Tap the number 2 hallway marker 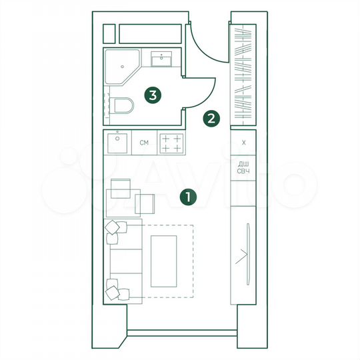[211, 119]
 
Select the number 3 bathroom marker [153, 96]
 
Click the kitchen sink [118, 141]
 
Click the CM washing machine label [143, 143]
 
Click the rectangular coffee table [163, 259]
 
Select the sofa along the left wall [123, 260]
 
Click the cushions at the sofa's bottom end [116, 291]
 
